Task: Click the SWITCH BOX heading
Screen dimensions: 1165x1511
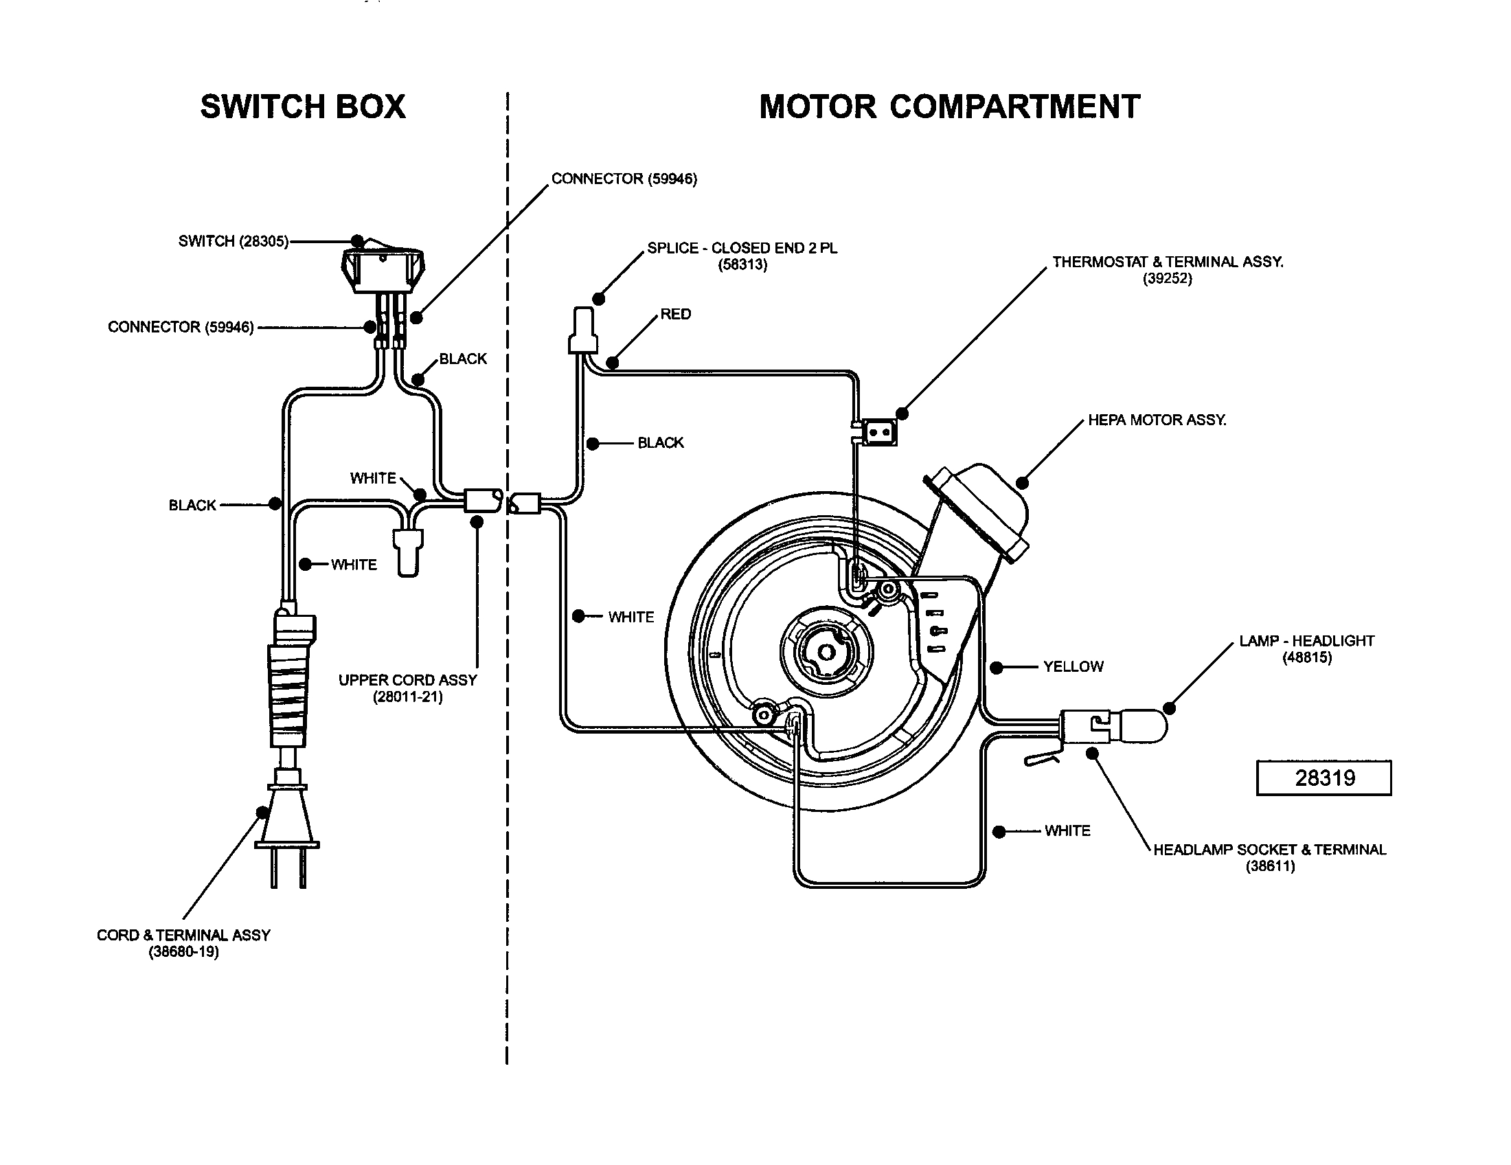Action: pos(302,107)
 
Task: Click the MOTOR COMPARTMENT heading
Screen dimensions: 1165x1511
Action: pos(949,107)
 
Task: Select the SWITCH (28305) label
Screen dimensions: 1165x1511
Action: pos(233,241)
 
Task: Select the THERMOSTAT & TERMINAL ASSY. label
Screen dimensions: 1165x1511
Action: pos(1167,262)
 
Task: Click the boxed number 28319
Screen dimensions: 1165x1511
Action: pos(1323,778)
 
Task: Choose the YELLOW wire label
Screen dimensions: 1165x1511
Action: pos(1073,667)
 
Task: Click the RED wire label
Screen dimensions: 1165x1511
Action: pos(675,314)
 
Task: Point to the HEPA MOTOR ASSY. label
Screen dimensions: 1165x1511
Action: pos(1157,420)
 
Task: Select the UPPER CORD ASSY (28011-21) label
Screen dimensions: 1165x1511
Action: pos(407,688)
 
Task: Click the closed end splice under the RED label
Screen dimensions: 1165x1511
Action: pos(582,332)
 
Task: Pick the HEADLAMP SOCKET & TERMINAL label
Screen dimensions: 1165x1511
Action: pos(1269,850)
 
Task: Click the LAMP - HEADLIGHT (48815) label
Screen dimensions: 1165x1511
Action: pos(1306,648)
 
